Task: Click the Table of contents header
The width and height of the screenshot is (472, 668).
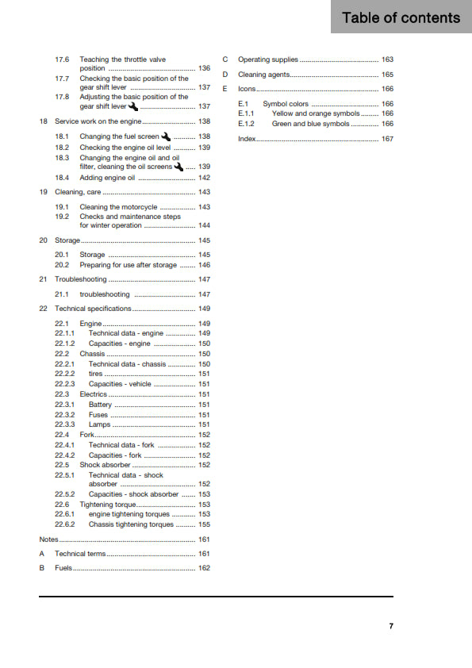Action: point(401,17)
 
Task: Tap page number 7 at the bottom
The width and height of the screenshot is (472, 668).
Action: point(390,626)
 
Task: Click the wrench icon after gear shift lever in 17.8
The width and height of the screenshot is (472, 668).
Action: point(132,106)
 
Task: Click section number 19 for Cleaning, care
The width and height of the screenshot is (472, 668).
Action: point(43,192)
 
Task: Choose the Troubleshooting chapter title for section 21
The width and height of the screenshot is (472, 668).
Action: point(80,279)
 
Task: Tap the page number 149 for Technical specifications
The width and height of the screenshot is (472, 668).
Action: point(204,308)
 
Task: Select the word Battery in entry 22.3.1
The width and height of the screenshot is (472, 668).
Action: point(100,405)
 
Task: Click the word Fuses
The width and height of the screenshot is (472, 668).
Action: point(98,414)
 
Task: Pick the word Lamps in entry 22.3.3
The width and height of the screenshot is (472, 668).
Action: point(99,424)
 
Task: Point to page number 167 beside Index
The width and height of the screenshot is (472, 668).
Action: point(387,139)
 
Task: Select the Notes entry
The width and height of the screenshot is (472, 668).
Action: point(48,539)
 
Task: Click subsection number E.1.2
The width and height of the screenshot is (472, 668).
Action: point(247,124)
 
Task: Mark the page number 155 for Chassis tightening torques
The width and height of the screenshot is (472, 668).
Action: point(204,524)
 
